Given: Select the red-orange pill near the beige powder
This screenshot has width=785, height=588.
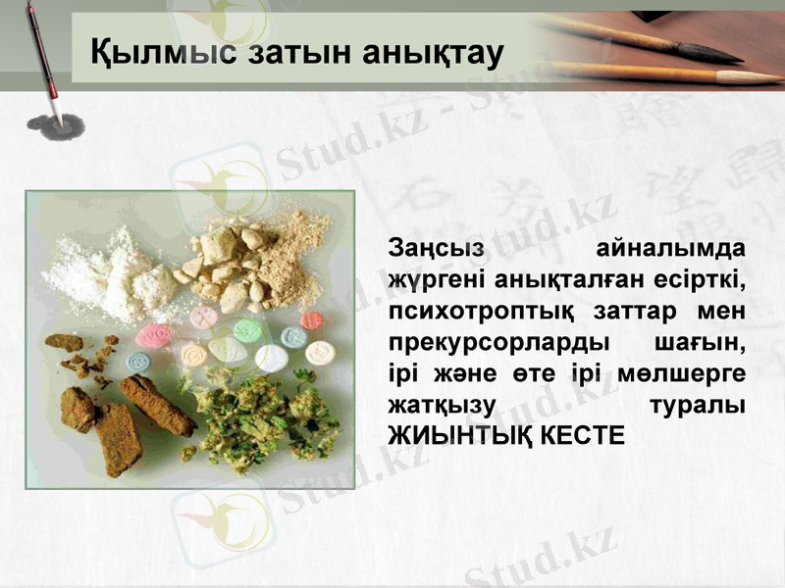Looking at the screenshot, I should (x=312, y=321).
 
